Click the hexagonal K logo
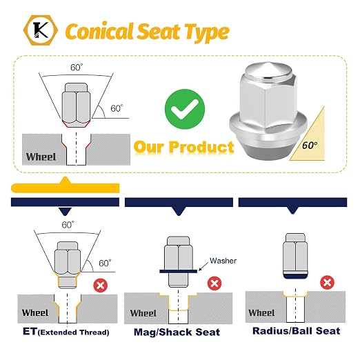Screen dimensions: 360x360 coord(41,30)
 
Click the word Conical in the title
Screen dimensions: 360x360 coord(99,31)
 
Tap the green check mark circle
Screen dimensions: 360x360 coord(185,109)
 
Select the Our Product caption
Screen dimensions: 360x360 coord(183,147)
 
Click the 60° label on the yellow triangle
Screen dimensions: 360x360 coord(310,146)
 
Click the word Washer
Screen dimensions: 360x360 coord(223,261)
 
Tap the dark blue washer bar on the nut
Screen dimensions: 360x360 coord(178,271)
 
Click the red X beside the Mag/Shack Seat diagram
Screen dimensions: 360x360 coord(214,283)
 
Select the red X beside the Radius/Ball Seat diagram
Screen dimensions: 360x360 coord(327,282)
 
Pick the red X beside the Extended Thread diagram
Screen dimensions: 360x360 coord(101,286)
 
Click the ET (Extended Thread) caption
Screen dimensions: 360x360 coord(66,332)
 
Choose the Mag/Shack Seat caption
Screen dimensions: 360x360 coord(177,332)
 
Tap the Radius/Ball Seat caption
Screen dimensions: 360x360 coord(297,331)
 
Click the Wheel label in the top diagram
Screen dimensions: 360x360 coord(41,157)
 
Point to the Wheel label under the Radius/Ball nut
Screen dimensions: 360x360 coord(261,312)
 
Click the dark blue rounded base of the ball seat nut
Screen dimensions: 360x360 coord(295,276)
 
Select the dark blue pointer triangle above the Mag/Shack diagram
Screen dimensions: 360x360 coord(179,211)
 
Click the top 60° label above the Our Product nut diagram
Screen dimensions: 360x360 coord(77,68)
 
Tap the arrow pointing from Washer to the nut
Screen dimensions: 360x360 coord(204,266)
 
